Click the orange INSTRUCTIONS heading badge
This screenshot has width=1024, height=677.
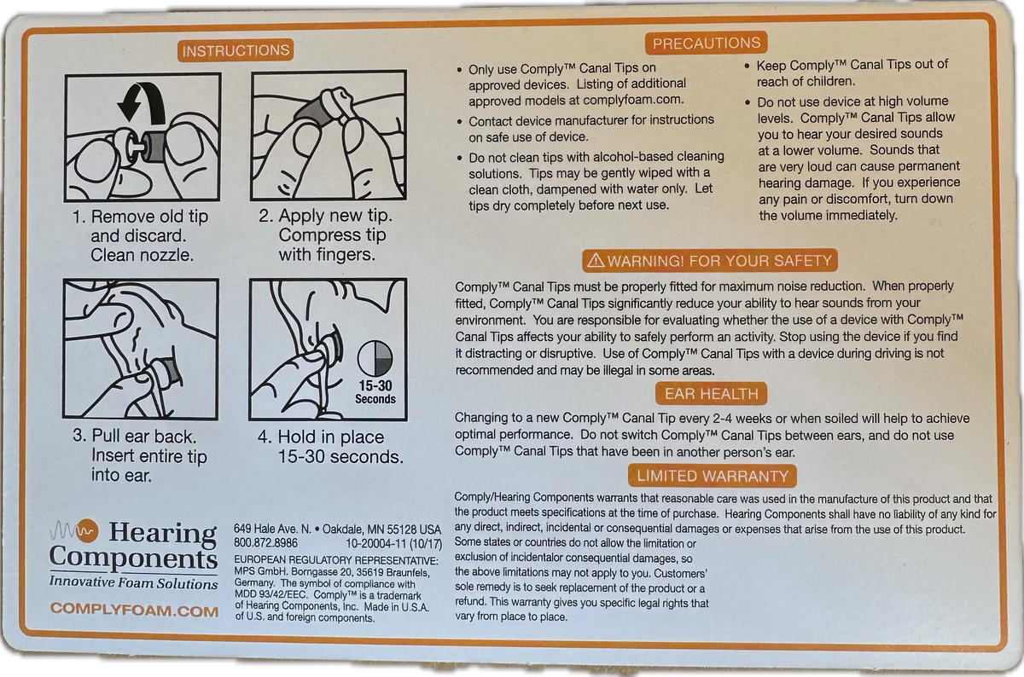pyautogui.click(x=236, y=50)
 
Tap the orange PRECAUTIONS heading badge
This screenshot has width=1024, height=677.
pyautogui.click(x=707, y=43)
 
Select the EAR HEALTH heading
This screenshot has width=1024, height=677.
pyautogui.click(x=711, y=394)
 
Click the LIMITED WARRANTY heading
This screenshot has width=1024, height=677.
pyautogui.click(x=713, y=476)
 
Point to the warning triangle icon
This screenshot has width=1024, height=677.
pyautogui.click(x=596, y=260)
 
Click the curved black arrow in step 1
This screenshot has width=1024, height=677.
pyautogui.click(x=146, y=101)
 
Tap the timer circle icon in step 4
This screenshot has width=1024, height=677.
pyautogui.click(x=375, y=358)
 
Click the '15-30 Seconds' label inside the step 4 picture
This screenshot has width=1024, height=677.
pyautogui.click(x=375, y=392)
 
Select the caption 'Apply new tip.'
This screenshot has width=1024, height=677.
pyautogui.click(x=335, y=215)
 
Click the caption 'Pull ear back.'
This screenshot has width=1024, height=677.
pyautogui.click(x=144, y=437)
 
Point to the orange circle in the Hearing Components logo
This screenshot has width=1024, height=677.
pyautogui.click(x=87, y=532)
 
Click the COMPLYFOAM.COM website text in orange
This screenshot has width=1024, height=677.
pyautogui.click(x=135, y=610)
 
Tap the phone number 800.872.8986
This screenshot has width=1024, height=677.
pyautogui.click(x=265, y=543)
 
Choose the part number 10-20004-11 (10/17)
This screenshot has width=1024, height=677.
pyautogui.click(x=393, y=544)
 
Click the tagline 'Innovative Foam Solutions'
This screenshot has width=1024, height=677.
pyautogui.click(x=133, y=582)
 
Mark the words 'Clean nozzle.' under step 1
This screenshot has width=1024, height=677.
pyautogui.click(x=143, y=255)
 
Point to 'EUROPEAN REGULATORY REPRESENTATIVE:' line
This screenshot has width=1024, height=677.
pyautogui.click(x=336, y=560)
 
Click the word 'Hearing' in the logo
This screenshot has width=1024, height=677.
pyautogui.click(x=163, y=534)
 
